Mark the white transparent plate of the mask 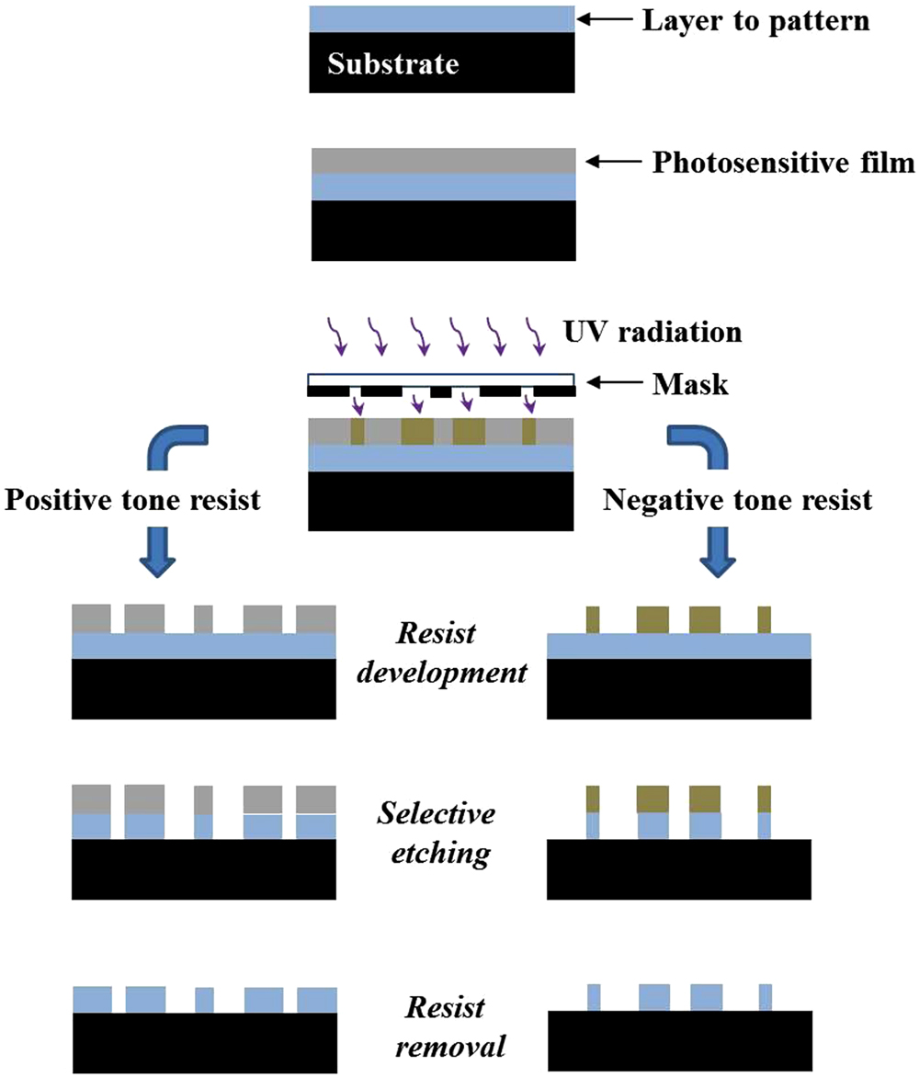point(442,380)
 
